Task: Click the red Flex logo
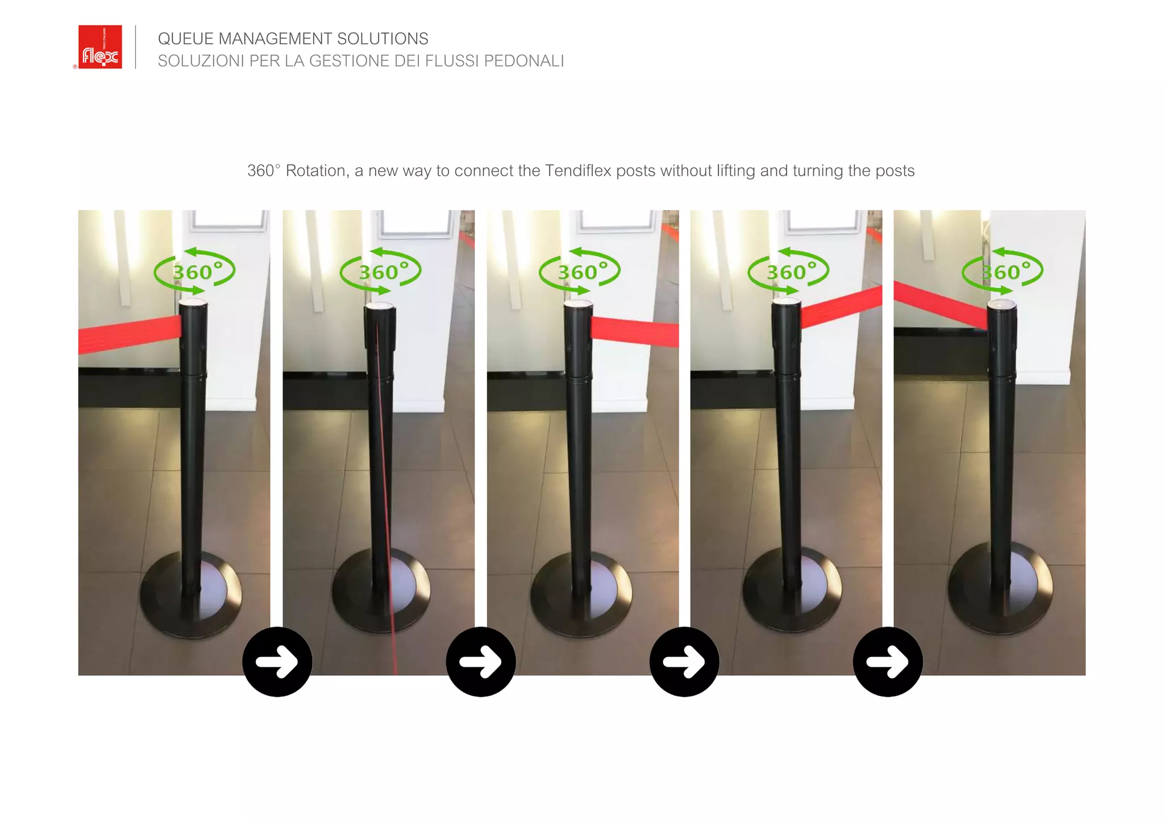point(100,47)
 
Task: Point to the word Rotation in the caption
point(316,171)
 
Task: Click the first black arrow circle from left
point(277,662)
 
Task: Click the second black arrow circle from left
point(481,662)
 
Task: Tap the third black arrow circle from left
point(684,662)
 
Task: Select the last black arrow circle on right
point(888,662)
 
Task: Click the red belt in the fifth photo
point(938,304)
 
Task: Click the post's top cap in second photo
point(380,307)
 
